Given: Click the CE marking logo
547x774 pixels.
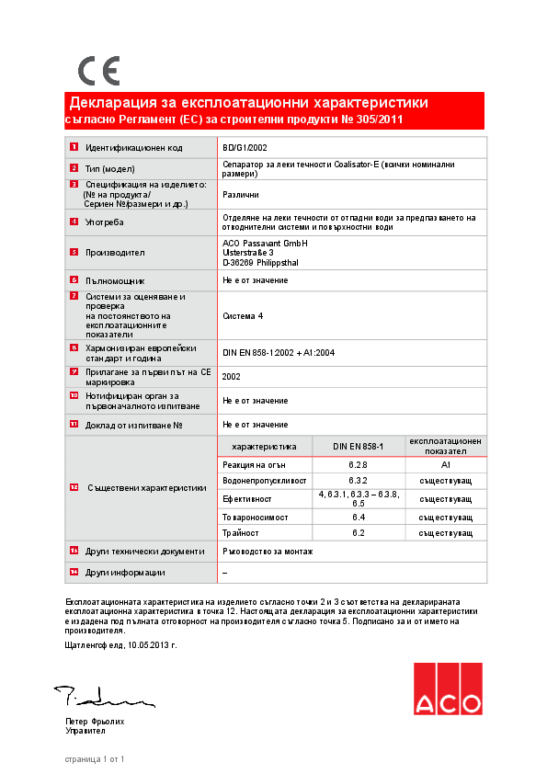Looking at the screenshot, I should [97, 71].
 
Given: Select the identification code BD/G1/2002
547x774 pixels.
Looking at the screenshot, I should [245, 147].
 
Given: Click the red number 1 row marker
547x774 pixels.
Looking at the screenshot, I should [74, 147].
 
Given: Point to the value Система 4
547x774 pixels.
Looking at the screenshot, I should [243, 315].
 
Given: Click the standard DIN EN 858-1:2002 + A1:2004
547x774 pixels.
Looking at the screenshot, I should [279, 353].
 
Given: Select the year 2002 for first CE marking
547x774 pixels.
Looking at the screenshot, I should [232, 377].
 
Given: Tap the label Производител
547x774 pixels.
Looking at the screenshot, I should [115, 252].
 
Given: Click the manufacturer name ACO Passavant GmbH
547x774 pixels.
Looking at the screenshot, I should [265, 243].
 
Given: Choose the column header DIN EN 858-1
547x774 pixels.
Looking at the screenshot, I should [358, 446].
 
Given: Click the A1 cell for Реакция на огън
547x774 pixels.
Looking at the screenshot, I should [445, 465].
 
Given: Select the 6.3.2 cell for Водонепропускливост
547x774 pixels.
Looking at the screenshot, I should [358, 481].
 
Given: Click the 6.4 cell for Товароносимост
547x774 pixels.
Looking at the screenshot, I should [358, 517].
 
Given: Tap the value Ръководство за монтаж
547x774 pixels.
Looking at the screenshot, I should [268, 551].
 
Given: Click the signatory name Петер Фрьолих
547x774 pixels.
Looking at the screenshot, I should [95, 722].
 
